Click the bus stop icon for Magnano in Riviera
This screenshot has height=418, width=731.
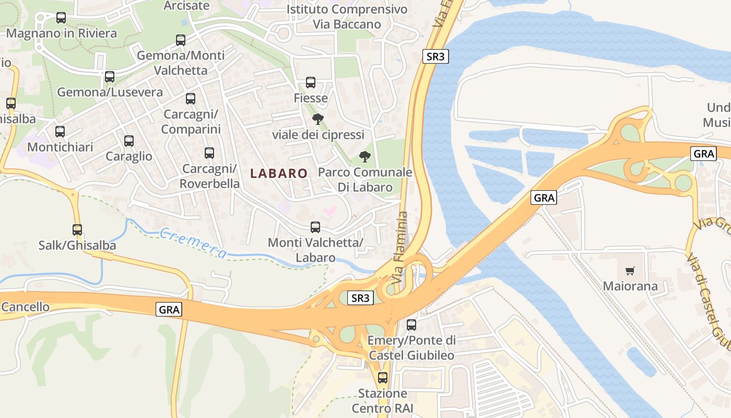tap(61, 18)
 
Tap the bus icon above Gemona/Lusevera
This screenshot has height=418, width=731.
tap(110, 77)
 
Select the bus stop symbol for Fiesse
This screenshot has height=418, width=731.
tap(311, 83)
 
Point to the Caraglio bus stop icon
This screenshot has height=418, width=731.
tap(129, 141)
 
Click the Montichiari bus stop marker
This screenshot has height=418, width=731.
tap(60, 132)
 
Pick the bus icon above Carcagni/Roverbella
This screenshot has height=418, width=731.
tap(209, 153)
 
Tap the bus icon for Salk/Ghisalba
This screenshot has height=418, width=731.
tap(77, 230)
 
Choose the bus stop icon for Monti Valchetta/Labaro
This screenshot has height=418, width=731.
tap(315, 227)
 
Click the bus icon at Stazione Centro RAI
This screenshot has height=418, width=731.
tap(383, 378)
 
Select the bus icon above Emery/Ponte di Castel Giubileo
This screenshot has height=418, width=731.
tap(411, 325)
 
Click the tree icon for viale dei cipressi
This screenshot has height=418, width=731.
tap(317, 119)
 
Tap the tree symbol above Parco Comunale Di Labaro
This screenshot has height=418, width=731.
tap(365, 157)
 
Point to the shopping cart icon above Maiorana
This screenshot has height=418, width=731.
tap(630, 271)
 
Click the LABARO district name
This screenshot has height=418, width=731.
tap(279, 173)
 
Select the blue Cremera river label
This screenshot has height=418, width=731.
tap(194, 243)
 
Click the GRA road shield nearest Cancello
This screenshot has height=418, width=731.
tap(169, 309)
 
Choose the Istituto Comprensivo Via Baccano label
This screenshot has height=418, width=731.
tap(347, 17)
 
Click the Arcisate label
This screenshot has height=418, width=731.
tap(186, 6)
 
